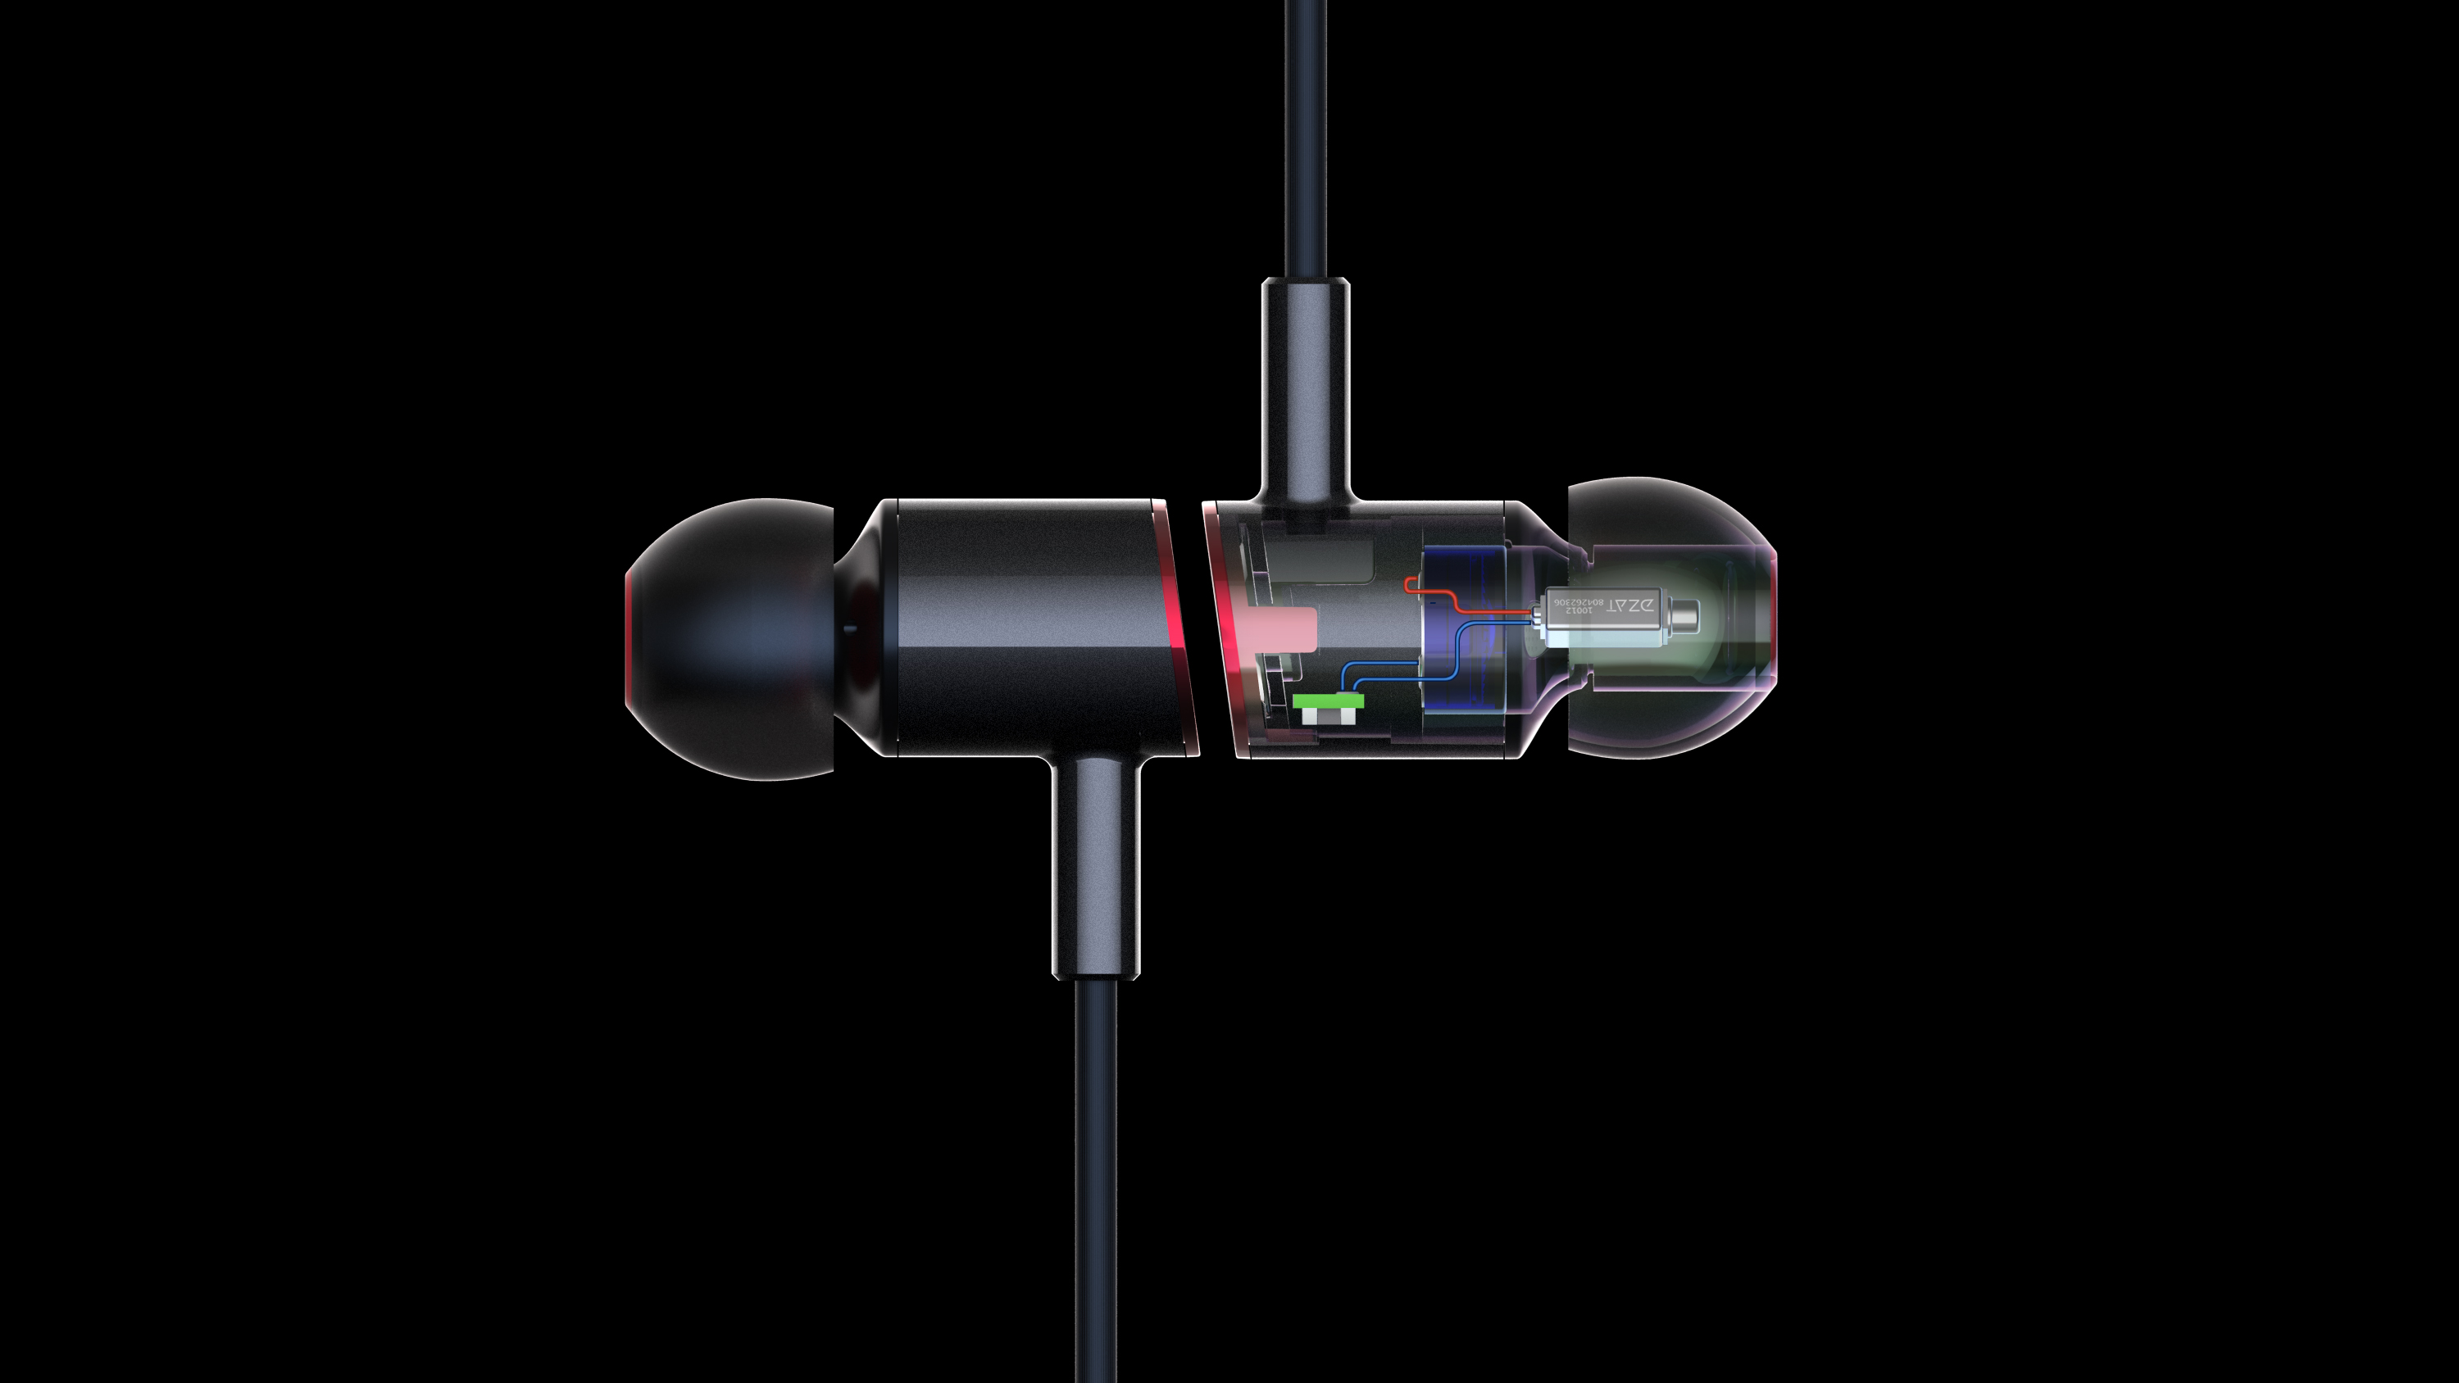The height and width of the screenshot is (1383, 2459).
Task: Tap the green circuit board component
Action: pyautogui.click(x=1328, y=700)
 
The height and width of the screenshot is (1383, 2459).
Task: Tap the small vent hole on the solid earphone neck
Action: pyautogui.click(x=848, y=628)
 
